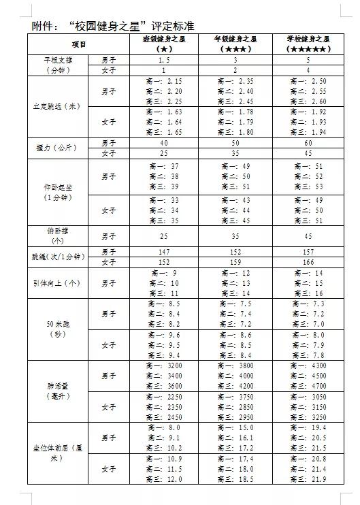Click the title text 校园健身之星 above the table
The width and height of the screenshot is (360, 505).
pos(122,25)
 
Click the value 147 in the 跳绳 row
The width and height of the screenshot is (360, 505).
pos(164,251)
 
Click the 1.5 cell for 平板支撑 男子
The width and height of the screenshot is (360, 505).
pos(164,61)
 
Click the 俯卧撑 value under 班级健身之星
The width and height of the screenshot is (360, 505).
pos(164,236)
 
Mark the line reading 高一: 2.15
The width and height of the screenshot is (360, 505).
pos(164,81)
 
